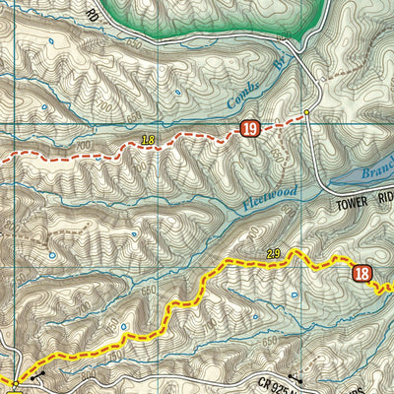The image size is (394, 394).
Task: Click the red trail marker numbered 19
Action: point(249,128)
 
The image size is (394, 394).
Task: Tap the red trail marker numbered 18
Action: point(362,275)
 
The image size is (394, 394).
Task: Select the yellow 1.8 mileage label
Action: point(149,140)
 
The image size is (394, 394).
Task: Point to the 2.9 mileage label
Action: point(274,255)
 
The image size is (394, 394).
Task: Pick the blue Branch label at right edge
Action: point(378,170)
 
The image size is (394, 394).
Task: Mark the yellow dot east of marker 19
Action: point(306,112)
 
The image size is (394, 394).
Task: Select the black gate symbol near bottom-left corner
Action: point(37,376)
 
